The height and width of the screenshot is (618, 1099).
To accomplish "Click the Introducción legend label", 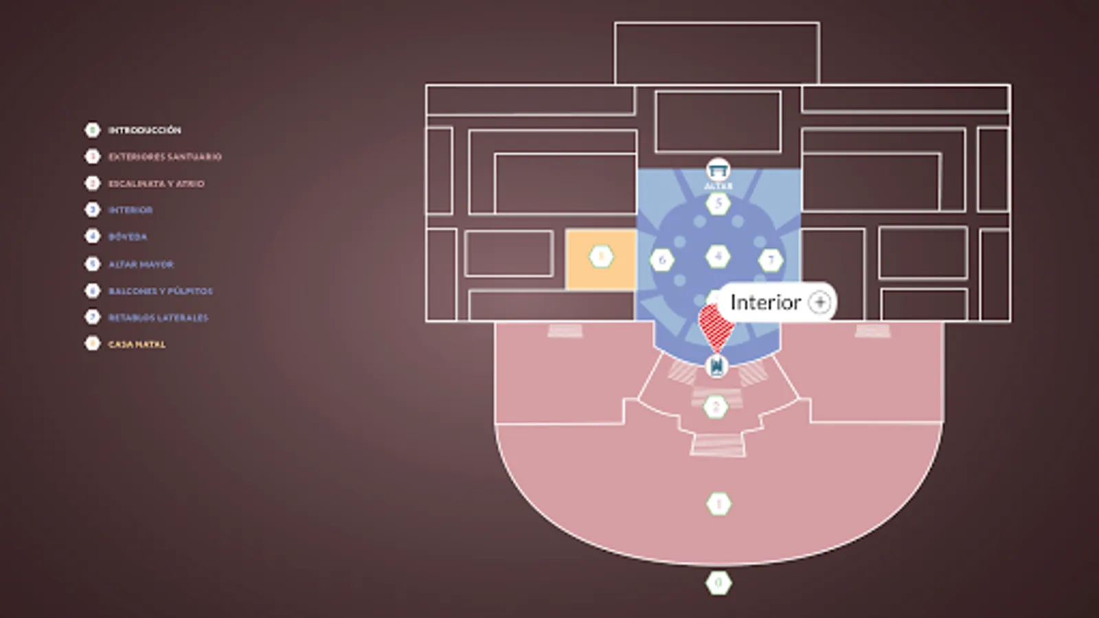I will click(x=144, y=130).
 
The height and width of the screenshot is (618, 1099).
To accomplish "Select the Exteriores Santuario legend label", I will click(x=165, y=157).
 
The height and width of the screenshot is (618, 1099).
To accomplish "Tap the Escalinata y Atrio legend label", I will click(x=156, y=183).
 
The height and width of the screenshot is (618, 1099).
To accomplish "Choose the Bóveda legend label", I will click(x=128, y=237).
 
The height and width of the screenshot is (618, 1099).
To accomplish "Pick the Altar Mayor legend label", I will click(x=141, y=264).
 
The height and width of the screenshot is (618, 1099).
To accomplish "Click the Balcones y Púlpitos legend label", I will click(x=160, y=290).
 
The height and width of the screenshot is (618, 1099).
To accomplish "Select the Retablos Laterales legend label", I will click(x=158, y=317).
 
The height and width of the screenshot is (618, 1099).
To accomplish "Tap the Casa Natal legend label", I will click(x=137, y=344).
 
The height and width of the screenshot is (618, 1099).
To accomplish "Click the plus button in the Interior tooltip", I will click(x=819, y=302).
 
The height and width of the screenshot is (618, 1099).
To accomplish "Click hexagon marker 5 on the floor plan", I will click(x=718, y=203).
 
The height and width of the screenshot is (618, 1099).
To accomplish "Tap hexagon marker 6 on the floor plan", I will click(x=662, y=260).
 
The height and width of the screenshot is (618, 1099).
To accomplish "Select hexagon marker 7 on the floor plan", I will click(x=771, y=260).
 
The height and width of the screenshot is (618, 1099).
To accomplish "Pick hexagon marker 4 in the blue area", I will click(x=718, y=257).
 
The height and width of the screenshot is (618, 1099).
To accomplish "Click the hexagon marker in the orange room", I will click(x=601, y=257).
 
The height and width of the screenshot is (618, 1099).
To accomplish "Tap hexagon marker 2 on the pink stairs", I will click(x=716, y=407).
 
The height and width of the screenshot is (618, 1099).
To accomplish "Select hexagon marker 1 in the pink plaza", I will click(x=718, y=504).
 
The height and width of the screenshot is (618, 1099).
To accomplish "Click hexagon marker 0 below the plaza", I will click(x=718, y=584).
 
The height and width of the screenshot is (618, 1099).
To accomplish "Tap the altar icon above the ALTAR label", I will click(x=718, y=169).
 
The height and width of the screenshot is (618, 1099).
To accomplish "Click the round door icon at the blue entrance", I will click(x=716, y=366).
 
